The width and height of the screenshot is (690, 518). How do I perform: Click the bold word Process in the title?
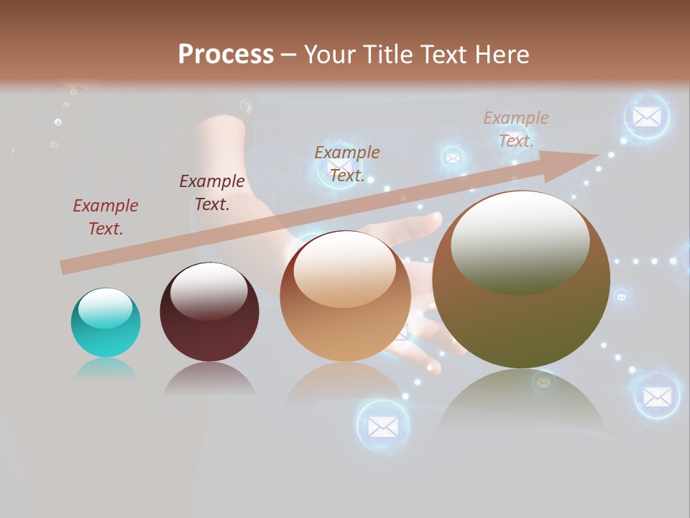[x=226, y=55]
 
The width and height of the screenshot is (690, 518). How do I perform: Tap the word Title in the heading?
[x=387, y=55]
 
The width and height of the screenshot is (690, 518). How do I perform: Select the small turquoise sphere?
[x=106, y=323]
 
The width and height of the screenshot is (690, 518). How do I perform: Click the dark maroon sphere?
[x=209, y=313]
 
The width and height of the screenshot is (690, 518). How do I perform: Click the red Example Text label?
[x=105, y=217]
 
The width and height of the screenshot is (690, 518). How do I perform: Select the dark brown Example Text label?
[x=212, y=192]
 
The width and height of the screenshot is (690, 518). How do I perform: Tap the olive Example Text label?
[x=347, y=163]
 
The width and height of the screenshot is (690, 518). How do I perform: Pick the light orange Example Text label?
[x=515, y=129]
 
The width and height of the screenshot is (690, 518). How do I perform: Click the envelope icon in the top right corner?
[x=647, y=117]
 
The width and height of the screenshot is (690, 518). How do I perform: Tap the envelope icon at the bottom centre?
[x=383, y=427]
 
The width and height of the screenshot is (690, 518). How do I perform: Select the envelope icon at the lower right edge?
[x=657, y=396]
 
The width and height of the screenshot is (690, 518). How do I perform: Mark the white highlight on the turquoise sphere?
[x=105, y=309]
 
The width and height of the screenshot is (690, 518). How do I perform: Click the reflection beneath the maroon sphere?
[x=209, y=379]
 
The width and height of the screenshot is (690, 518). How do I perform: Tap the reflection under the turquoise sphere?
[x=106, y=369]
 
